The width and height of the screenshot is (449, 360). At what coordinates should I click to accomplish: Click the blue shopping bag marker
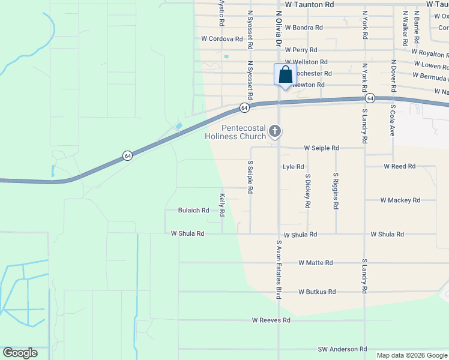(285, 75)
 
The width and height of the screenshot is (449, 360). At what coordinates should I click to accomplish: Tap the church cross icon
(275, 130)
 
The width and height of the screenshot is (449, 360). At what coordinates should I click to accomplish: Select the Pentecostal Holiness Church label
(235, 132)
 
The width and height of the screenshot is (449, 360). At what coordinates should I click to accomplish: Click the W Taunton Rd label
(309, 4)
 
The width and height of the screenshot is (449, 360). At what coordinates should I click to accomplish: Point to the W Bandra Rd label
(304, 28)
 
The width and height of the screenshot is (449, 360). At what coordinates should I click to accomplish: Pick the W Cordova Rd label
(222, 38)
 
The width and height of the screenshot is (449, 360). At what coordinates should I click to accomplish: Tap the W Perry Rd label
(301, 50)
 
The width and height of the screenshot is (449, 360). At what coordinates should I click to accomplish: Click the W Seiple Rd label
(321, 148)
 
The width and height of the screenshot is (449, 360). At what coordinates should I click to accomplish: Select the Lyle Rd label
(294, 167)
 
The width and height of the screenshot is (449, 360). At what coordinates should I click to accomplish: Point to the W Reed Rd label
(400, 166)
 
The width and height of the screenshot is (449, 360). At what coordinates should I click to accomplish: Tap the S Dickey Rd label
(308, 191)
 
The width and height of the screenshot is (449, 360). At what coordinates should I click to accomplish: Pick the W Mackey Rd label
(400, 200)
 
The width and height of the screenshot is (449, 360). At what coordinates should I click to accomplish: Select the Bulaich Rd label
(193, 211)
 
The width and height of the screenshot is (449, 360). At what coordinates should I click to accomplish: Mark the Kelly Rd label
(222, 205)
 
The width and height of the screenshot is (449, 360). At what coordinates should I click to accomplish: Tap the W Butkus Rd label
(317, 292)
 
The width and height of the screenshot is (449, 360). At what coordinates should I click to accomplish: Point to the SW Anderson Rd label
(342, 349)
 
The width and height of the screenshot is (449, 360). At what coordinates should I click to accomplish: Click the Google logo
(20, 352)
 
